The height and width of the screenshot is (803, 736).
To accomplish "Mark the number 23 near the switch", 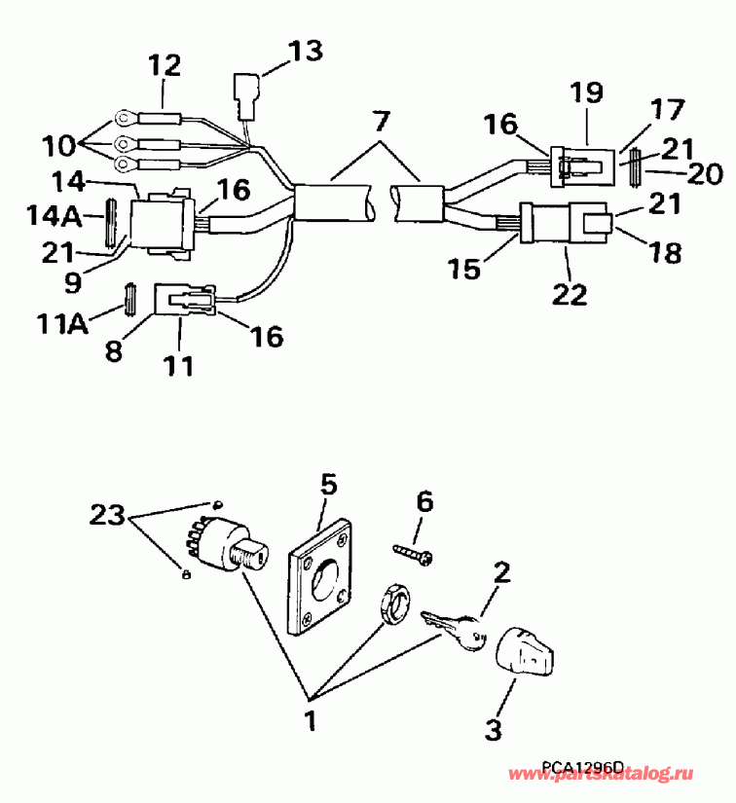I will pyautogui.click(x=110, y=514).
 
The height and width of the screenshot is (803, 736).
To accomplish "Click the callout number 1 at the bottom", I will pyautogui.click(x=311, y=721).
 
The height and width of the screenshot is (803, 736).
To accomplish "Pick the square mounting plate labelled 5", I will pyautogui.click(x=319, y=580).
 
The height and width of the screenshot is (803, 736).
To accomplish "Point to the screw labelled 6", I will pyautogui.click(x=415, y=553).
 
